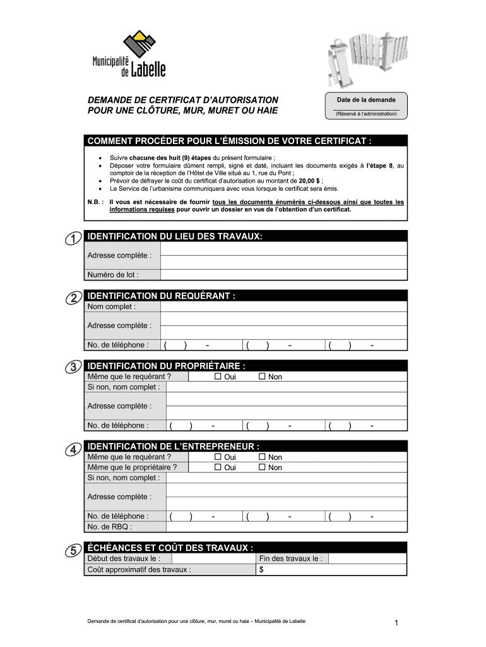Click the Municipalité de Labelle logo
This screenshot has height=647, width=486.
(129, 56)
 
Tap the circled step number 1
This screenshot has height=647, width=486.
(73, 238)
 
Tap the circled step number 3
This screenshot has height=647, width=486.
(73, 367)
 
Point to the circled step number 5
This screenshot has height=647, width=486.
(73, 550)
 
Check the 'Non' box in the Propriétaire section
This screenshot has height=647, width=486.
(263, 377)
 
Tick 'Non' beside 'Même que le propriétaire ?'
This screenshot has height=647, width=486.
(263, 468)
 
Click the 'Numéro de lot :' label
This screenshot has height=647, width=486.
(113, 275)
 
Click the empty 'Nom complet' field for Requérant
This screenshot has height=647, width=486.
(283, 307)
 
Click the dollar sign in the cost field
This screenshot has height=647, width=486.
(262, 569)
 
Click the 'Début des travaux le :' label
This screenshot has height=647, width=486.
(124, 559)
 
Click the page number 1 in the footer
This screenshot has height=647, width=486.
(396, 624)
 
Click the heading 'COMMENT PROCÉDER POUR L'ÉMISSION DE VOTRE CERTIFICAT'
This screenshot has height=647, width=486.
(229, 140)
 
